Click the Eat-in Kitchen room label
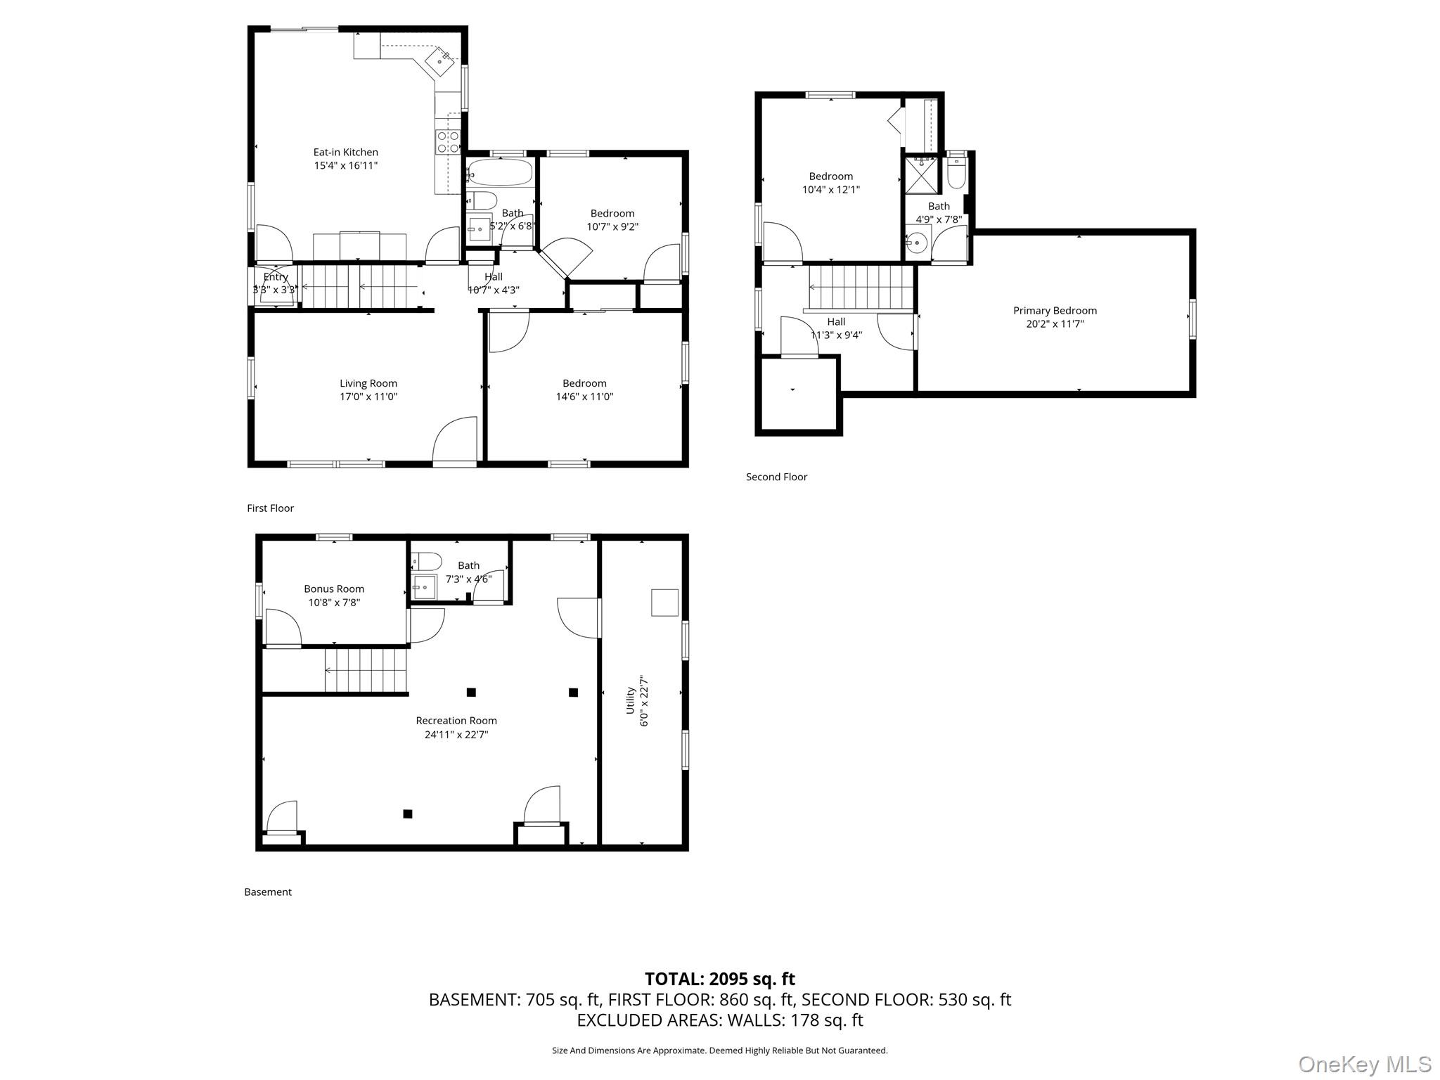345,152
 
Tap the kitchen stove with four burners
448,142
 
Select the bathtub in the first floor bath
500,172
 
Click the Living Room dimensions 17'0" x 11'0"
368,397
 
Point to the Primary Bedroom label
1055,310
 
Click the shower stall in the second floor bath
922,175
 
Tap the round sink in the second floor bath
917,243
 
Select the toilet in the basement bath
426,560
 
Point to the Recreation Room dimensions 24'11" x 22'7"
456,735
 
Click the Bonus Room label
334,589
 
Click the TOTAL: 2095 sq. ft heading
720,979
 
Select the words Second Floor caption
776,477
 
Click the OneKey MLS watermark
1364,1064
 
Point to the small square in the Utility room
664,603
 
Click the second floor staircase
861,287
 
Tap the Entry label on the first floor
276,277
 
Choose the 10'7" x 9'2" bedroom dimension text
612,226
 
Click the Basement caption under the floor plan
268,892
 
